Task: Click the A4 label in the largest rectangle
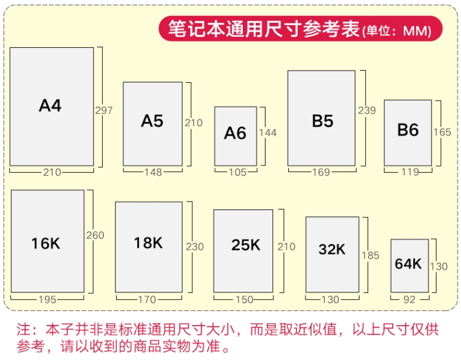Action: click(50, 106)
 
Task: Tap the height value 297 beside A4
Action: click(104, 111)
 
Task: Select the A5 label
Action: click(152, 121)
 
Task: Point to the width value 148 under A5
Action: click(153, 172)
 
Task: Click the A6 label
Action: click(235, 133)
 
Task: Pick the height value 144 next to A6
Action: click(267, 133)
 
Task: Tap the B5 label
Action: click(323, 121)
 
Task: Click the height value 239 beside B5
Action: click(367, 111)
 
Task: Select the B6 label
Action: click(408, 130)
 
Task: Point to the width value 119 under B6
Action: click(411, 172)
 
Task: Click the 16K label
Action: click(45, 244)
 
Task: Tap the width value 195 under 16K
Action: click(47, 300)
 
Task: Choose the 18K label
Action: click(148, 243)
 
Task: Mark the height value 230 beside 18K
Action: click(195, 247)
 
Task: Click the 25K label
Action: click(246, 245)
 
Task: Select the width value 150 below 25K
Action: click(244, 300)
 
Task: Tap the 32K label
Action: click(332, 249)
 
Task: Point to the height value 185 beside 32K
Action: click(371, 256)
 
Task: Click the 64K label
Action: click(408, 264)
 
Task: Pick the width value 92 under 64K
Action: click(409, 300)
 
